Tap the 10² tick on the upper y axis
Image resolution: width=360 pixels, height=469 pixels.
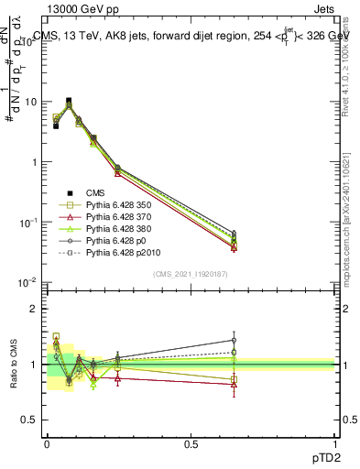[x=34, y=41]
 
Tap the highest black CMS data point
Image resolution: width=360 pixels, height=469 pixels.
[x=69, y=101]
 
